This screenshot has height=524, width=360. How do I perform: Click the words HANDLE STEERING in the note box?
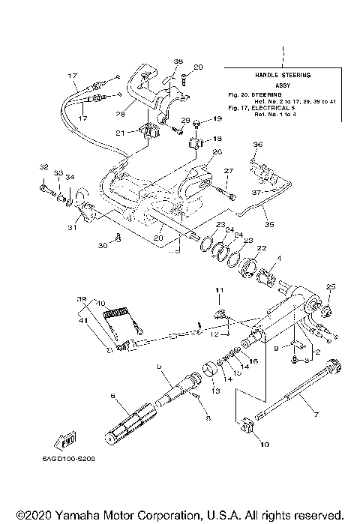pos(283,76)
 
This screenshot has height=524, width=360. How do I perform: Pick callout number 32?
pos(43,166)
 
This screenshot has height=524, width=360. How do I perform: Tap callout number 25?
pos(331,286)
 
